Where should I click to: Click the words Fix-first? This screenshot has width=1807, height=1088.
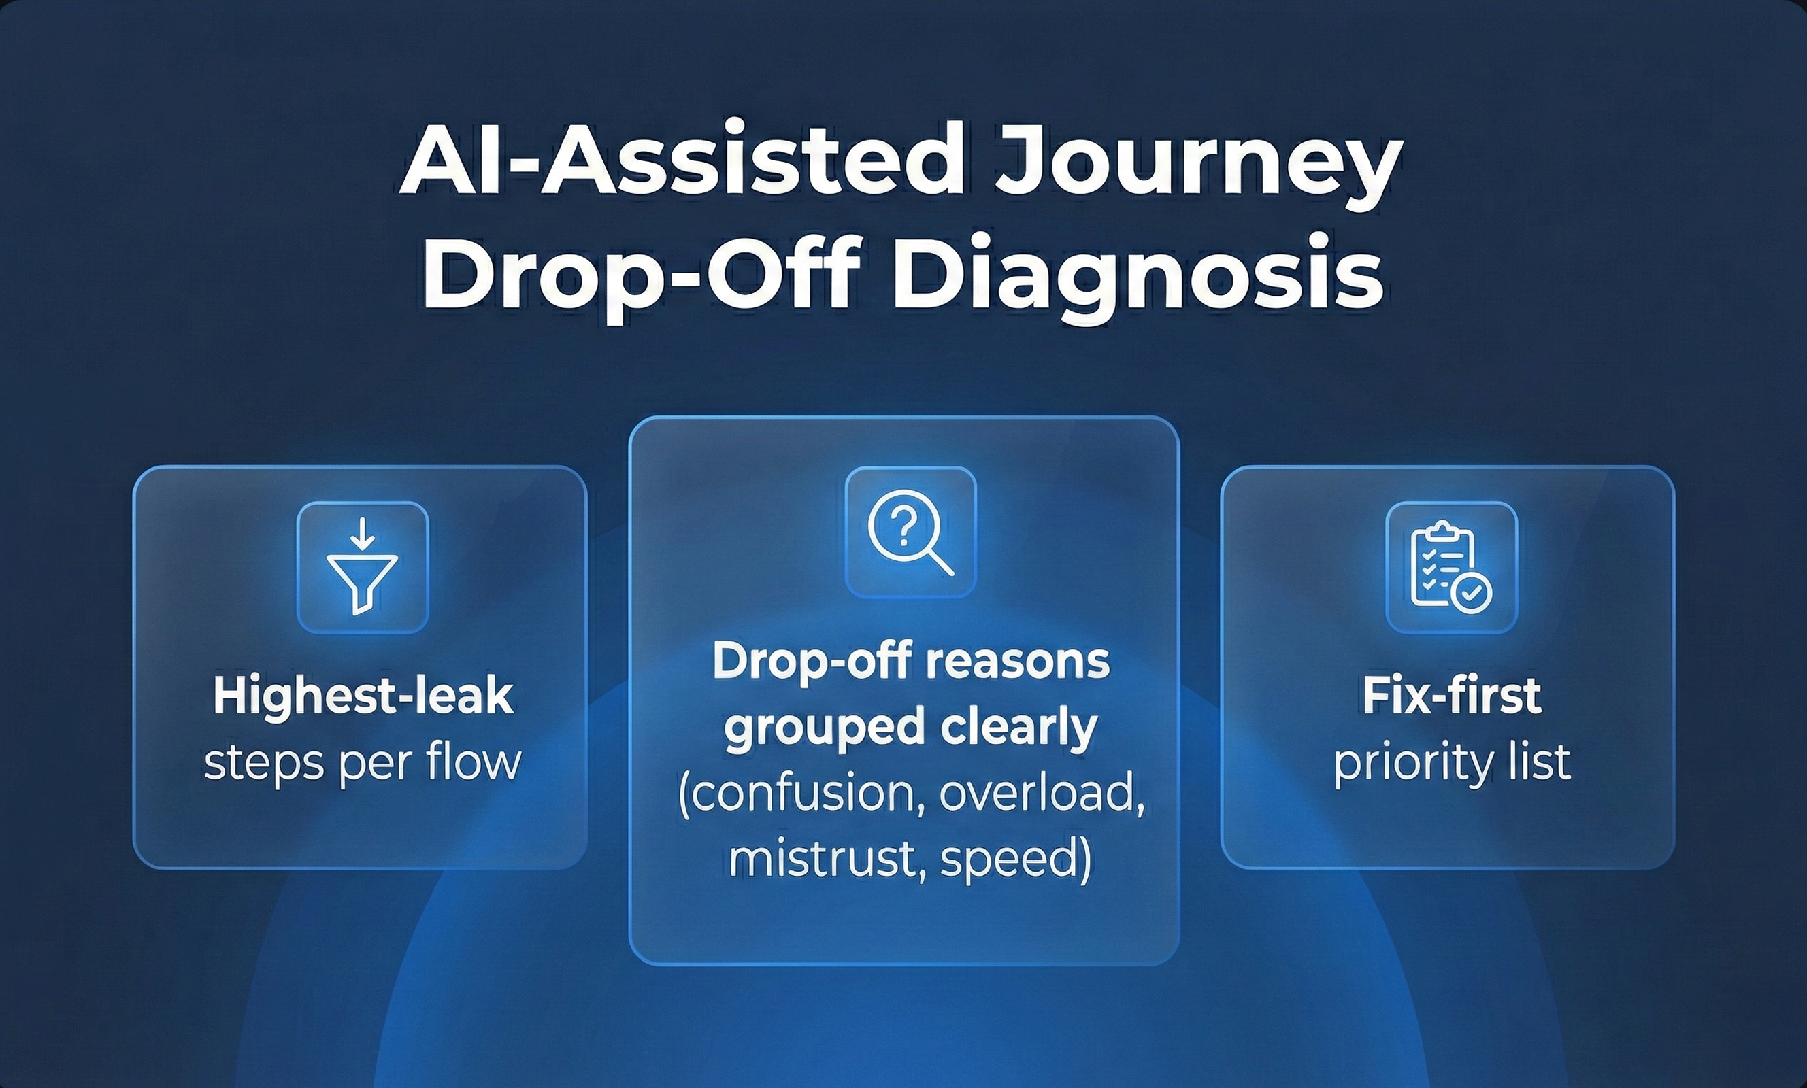point(1451,696)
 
